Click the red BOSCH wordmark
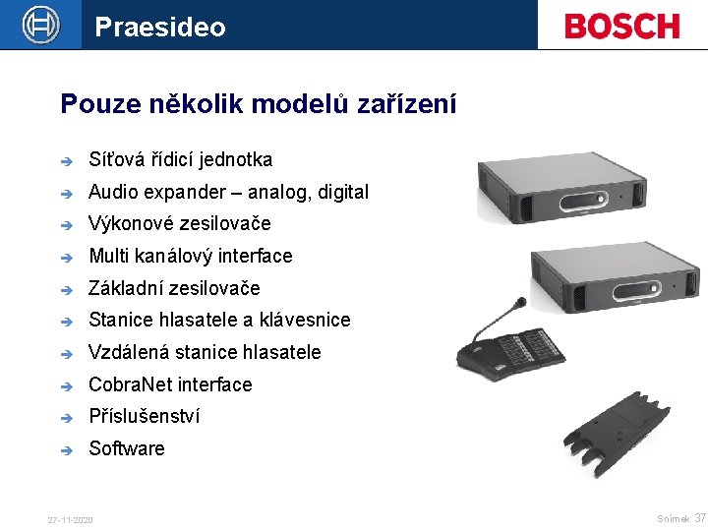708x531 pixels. (622, 26)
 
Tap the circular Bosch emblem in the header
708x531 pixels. (40, 25)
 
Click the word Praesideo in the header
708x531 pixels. (160, 27)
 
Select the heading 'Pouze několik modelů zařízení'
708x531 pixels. (259, 103)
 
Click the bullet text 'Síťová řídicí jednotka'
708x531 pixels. (180, 159)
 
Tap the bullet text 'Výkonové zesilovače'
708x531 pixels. (179, 223)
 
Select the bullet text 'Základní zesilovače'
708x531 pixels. (174, 288)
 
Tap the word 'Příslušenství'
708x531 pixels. (144, 416)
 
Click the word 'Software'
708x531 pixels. (127, 448)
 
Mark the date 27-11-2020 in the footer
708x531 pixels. (70, 519)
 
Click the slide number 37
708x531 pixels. (700, 517)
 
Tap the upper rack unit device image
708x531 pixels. (587, 187)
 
